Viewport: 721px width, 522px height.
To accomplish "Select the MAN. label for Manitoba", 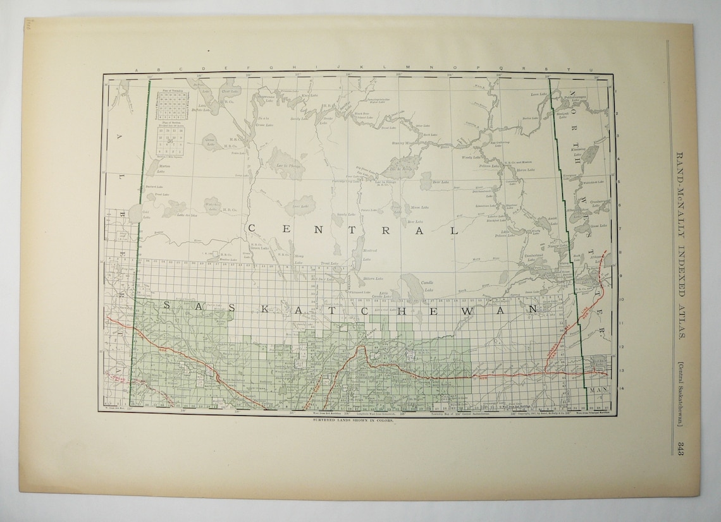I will point(598,391).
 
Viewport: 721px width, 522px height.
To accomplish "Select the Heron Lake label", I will point(526,170).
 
